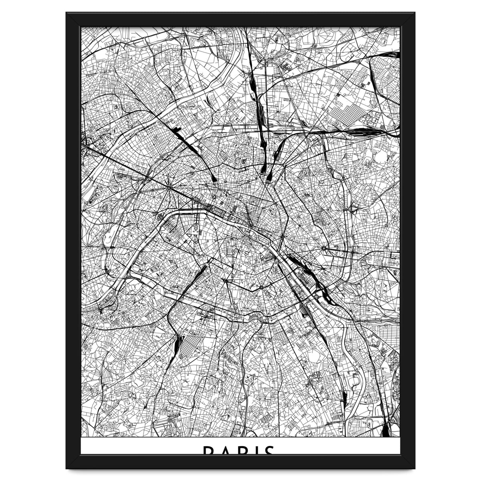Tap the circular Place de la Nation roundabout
click(x=323, y=249)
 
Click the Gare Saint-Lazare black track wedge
click(x=213, y=177)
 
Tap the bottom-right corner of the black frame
click(x=414, y=468)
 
